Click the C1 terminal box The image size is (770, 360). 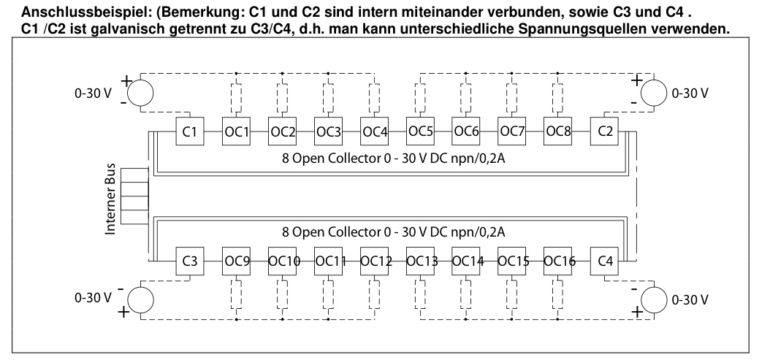coord(190,131)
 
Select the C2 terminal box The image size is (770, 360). coord(605,131)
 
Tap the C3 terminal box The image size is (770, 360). coord(190,261)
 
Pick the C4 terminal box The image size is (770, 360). coord(605,261)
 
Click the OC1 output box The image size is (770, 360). coord(236,131)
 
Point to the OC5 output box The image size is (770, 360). coord(420,131)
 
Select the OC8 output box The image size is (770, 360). coord(558,131)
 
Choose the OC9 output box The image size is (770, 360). coord(236,261)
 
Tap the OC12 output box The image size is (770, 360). coord(374,261)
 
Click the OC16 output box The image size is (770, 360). coord(558,261)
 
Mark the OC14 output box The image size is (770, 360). coord(466,261)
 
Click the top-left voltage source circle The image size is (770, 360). coord(140,92)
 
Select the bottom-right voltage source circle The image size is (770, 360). coord(654,299)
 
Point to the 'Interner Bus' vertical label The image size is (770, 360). coord(111,199)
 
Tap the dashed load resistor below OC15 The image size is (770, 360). coord(511,294)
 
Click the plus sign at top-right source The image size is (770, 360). coord(636,80)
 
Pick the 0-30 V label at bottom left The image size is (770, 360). coord(94,298)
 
